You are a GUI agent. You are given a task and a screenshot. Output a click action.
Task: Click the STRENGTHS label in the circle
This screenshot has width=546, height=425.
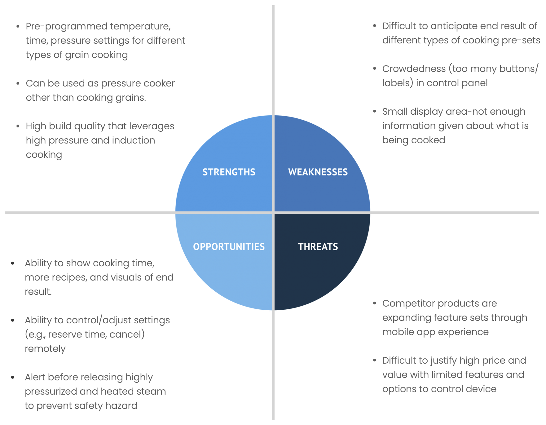click(x=229, y=172)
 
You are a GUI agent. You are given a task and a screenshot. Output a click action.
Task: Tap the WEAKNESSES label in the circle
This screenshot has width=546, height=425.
click(x=318, y=172)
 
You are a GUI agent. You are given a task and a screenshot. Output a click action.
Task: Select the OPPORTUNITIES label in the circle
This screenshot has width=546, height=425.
click(x=229, y=247)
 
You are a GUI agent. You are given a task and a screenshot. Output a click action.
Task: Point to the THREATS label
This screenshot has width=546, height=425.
click(x=318, y=247)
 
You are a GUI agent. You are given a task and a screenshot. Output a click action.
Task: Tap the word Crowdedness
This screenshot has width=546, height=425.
click(x=414, y=69)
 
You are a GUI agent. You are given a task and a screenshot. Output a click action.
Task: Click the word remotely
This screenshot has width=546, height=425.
click(x=45, y=349)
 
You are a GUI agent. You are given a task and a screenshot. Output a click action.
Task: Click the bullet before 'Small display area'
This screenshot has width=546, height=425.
click(x=375, y=111)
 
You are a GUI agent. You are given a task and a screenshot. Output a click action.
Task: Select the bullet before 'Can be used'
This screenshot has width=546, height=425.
click(x=18, y=83)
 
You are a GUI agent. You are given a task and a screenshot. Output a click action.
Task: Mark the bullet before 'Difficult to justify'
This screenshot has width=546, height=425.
click(x=375, y=360)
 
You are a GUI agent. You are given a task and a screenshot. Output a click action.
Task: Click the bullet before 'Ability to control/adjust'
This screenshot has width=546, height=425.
click(x=13, y=320)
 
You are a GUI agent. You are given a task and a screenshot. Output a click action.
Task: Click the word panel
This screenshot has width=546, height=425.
click(x=474, y=83)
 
